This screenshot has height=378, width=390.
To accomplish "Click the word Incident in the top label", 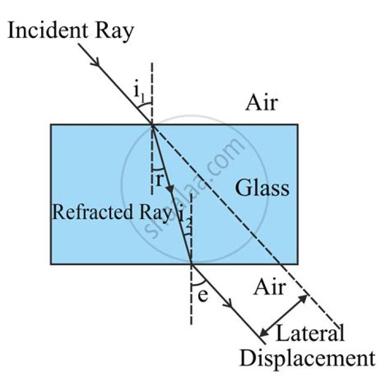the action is coord(48,30).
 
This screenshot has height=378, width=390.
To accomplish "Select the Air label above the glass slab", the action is coord(262,102).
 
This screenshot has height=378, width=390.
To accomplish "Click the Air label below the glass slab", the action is coord(269,287).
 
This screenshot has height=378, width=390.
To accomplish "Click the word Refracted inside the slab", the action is coord(93,212).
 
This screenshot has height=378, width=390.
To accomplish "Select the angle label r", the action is coord(159,180).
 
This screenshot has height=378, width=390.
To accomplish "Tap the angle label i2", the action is coord(185,218).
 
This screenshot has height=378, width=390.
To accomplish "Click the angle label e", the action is coord(203,296).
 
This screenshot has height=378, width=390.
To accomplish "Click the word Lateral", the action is coord(310,333).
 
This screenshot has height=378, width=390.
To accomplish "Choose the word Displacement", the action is coord(308,358).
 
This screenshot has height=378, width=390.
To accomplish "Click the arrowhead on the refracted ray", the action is coord(171,189).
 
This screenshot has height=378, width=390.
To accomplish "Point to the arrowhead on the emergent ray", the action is coord(229,304).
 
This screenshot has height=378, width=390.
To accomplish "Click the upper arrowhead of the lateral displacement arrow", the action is coord(303,298).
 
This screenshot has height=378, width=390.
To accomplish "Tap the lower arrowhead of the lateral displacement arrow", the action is coord(264,333).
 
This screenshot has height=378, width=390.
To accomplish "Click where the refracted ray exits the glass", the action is coord(191,264).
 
